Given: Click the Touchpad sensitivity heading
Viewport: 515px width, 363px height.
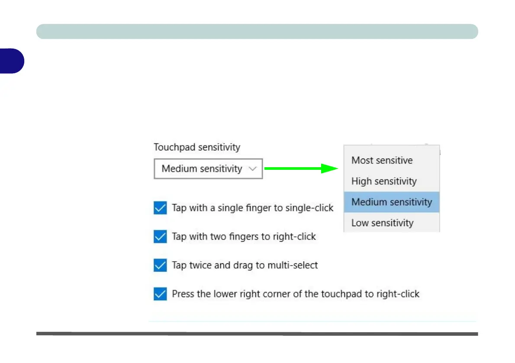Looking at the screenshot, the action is click(x=197, y=147).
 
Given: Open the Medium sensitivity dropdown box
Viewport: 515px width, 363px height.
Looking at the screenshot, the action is click(x=208, y=169).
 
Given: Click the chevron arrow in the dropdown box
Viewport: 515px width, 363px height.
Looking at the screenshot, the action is click(x=252, y=169).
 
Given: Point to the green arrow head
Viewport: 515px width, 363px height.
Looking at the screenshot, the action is click(x=329, y=169).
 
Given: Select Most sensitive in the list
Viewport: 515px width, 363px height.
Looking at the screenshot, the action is click(x=382, y=160).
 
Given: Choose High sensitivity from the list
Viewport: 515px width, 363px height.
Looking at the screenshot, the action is click(x=384, y=181).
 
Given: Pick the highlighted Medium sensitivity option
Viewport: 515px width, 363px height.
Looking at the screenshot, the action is click(x=392, y=202).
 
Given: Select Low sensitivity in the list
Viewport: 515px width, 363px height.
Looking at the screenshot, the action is click(x=382, y=223).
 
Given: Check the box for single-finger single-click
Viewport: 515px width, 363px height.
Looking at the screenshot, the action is click(x=160, y=208).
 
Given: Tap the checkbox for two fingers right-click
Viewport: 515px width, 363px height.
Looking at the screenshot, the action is click(x=160, y=237).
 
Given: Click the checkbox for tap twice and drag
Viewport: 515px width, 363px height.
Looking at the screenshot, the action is click(x=160, y=265).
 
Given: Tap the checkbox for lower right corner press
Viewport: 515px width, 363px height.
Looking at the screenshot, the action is click(x=160, y=294).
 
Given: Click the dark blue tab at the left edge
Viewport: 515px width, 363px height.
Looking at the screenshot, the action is click(x=12, y=61).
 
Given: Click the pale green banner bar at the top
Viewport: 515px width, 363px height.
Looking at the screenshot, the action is click(x=257, y=32).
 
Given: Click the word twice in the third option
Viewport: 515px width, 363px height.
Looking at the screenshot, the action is click(x=200, y=265).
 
